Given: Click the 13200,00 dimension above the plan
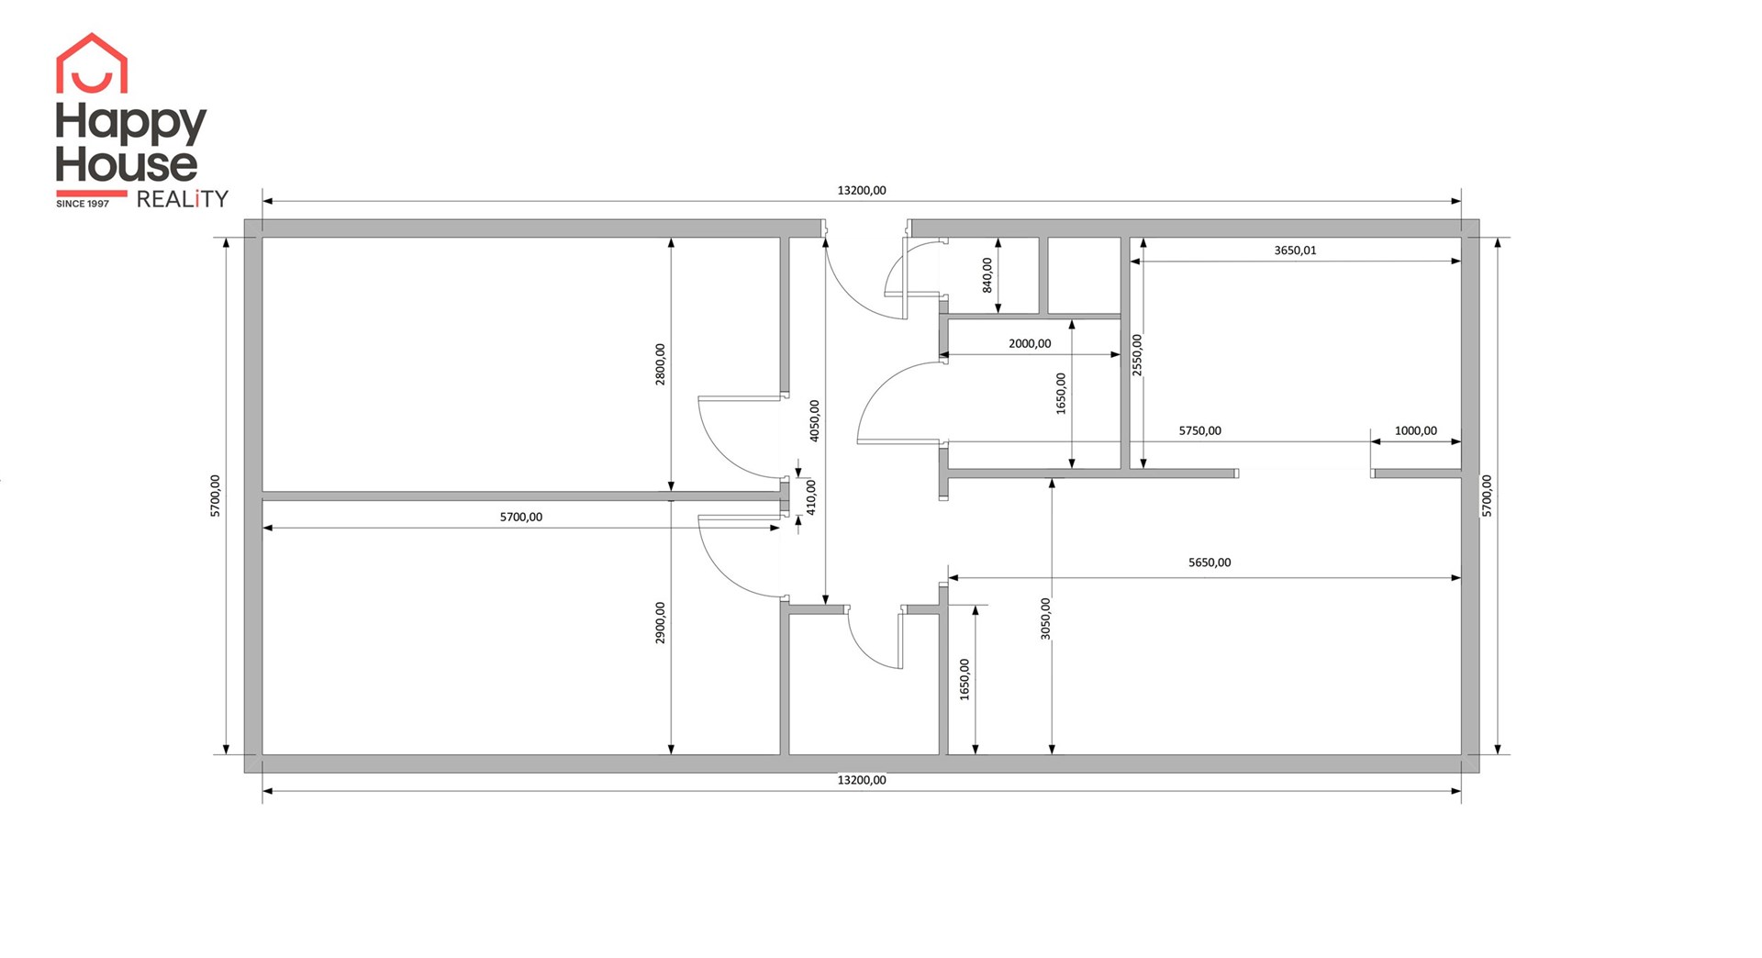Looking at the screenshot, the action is [x=862, y=191].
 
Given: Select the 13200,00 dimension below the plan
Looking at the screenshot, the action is [x=862, y=780].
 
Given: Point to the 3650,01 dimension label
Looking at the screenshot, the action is [x=1295, y=251].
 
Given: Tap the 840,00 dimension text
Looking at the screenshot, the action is [x=987, y=275].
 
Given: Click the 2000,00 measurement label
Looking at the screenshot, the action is [x=1030, y=344].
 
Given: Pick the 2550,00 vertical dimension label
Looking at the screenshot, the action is [x=1137, y=354].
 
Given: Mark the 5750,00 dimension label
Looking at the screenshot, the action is [x=1200, y=430].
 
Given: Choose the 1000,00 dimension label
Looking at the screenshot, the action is [x=1416, y=430].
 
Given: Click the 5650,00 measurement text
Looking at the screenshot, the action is [x=1210, y=563].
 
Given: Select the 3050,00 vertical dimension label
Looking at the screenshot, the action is [x=1046, y=618].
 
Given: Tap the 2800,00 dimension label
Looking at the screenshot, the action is [x=661, y=364].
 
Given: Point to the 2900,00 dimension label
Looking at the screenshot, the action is [x=661, y=623].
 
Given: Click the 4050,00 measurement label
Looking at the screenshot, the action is [x=815, y=420].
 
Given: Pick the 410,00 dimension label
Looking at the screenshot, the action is [x=811, y=496].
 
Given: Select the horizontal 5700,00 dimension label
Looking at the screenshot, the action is [x=521, y=518].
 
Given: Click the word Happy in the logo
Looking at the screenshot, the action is [x=131, y=123].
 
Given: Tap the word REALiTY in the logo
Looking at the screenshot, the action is [x=182, y=199].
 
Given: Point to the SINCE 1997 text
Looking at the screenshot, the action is [x=83, y=204].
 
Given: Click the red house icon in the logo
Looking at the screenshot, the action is [x=92, y=63].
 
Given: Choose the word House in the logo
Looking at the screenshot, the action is [x=127, y=164].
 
